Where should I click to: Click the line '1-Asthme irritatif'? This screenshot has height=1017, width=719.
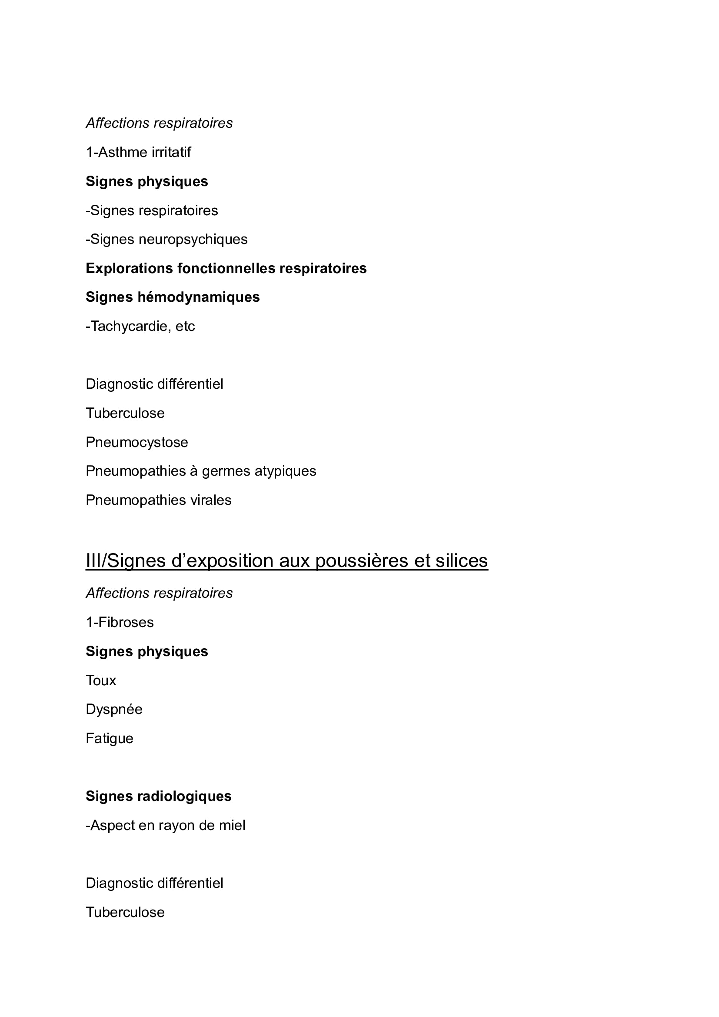[x=138, y=152]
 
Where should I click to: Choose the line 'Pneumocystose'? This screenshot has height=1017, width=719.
[x=137, y=443]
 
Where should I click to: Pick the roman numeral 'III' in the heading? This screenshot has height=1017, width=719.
[x=93, y=561]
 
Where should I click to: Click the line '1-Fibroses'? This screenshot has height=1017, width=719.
[x=120, y=623]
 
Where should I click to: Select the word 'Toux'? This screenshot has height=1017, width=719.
[x=101, y=681]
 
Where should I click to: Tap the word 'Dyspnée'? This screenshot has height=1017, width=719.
[x=114, y=710]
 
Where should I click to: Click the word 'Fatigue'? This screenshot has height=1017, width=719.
[x=110, y=738]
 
